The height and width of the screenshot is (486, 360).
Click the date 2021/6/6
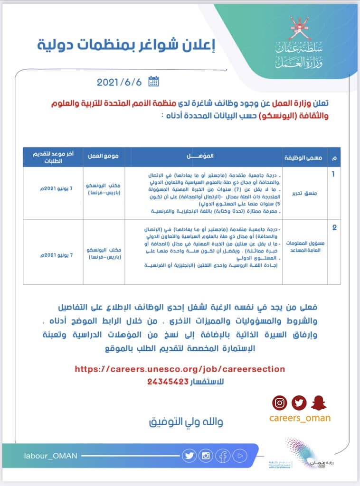(x=119, y=82)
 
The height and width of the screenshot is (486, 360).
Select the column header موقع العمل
(x=104, y=157)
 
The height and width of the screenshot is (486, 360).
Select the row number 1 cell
(x=334, y=175)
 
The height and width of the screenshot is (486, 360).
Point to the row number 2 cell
(x=334, y=228)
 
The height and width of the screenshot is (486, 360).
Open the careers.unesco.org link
(x=180, y=369)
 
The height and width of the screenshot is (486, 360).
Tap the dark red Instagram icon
(x=280, y=403)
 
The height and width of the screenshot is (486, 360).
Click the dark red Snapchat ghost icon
(x=318, y=403)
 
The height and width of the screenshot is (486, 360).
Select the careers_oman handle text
(x=300, y=418)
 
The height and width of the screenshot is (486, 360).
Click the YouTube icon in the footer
(x=240, y=456)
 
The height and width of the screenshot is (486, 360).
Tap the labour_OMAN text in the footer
(x=50, y=456)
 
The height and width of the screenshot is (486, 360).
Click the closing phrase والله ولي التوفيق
(x=186, y=421)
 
